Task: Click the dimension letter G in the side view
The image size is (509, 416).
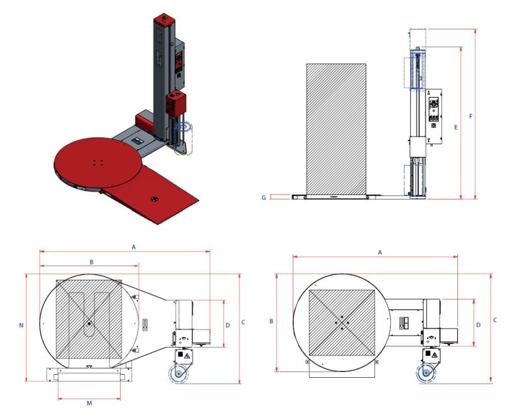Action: (x=264, y=197)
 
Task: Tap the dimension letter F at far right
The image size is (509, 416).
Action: (x=471, y=116)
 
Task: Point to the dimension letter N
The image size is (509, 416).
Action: (x=21, y=326)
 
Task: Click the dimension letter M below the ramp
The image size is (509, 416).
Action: (x=89, y=403)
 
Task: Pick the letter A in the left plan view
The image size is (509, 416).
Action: (x=133, y=246)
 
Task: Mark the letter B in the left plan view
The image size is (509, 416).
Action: (x=91, y=261)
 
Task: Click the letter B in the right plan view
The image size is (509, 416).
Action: (x=271, y=322)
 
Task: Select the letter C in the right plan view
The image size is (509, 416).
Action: (x=495, y=321)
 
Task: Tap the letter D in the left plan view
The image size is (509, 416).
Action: (x=228, y=326)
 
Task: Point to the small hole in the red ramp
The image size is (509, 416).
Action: (x=155, y=199)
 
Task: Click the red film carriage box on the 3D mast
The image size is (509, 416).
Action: (x=176, y=104)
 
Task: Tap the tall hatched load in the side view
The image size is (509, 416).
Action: (x=337, y=129)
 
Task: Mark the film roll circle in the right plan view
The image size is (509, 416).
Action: (x=425, y=373)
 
